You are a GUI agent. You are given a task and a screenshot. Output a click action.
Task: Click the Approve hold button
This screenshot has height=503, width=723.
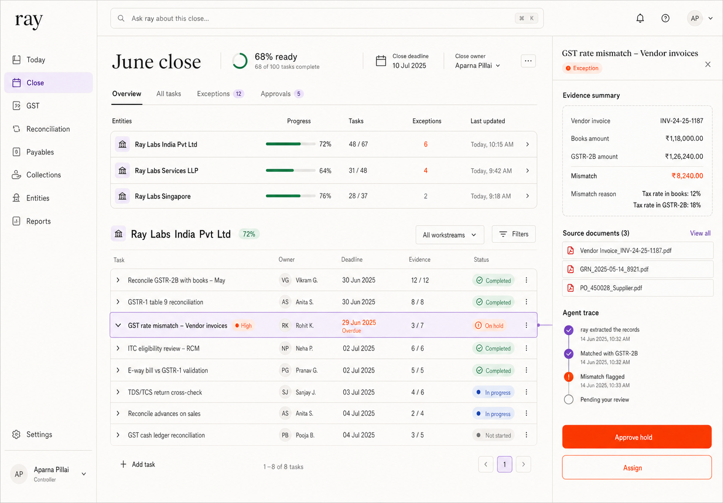[x=636, y=437]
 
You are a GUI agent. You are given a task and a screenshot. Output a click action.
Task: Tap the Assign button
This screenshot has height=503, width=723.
[x=636, y=467]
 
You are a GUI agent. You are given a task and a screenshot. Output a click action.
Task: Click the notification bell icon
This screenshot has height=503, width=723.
[x=640, y=18]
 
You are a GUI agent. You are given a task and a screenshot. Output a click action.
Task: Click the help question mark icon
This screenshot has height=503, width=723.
[x=665, y=18]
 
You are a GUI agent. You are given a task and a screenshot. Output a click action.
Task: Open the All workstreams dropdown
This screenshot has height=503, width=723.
[x=449, y=235]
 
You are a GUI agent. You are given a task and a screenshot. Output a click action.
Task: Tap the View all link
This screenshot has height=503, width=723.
[x=700, y=233]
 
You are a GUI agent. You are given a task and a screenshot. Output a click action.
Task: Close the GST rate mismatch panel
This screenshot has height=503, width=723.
[x=708, y=64]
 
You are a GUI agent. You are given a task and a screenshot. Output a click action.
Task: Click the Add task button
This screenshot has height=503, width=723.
[x=137, y=464]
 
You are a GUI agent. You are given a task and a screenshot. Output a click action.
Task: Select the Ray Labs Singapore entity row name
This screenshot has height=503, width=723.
[x=162, y=196]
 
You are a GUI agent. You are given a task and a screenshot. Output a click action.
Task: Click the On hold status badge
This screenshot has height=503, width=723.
[x=490, y=326]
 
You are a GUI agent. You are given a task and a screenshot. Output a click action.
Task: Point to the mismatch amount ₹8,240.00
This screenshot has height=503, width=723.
[x=687, y=176]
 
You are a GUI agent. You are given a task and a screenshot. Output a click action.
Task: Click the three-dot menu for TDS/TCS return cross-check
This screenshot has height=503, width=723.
[x=526, y=392]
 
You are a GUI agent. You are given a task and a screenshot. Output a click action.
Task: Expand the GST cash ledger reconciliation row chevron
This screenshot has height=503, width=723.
[x=118, y=435]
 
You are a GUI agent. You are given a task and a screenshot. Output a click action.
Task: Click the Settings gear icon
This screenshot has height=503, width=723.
[x=16, y=434]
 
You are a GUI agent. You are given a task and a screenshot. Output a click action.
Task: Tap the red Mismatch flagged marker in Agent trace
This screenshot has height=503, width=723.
[x=569, y=377]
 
